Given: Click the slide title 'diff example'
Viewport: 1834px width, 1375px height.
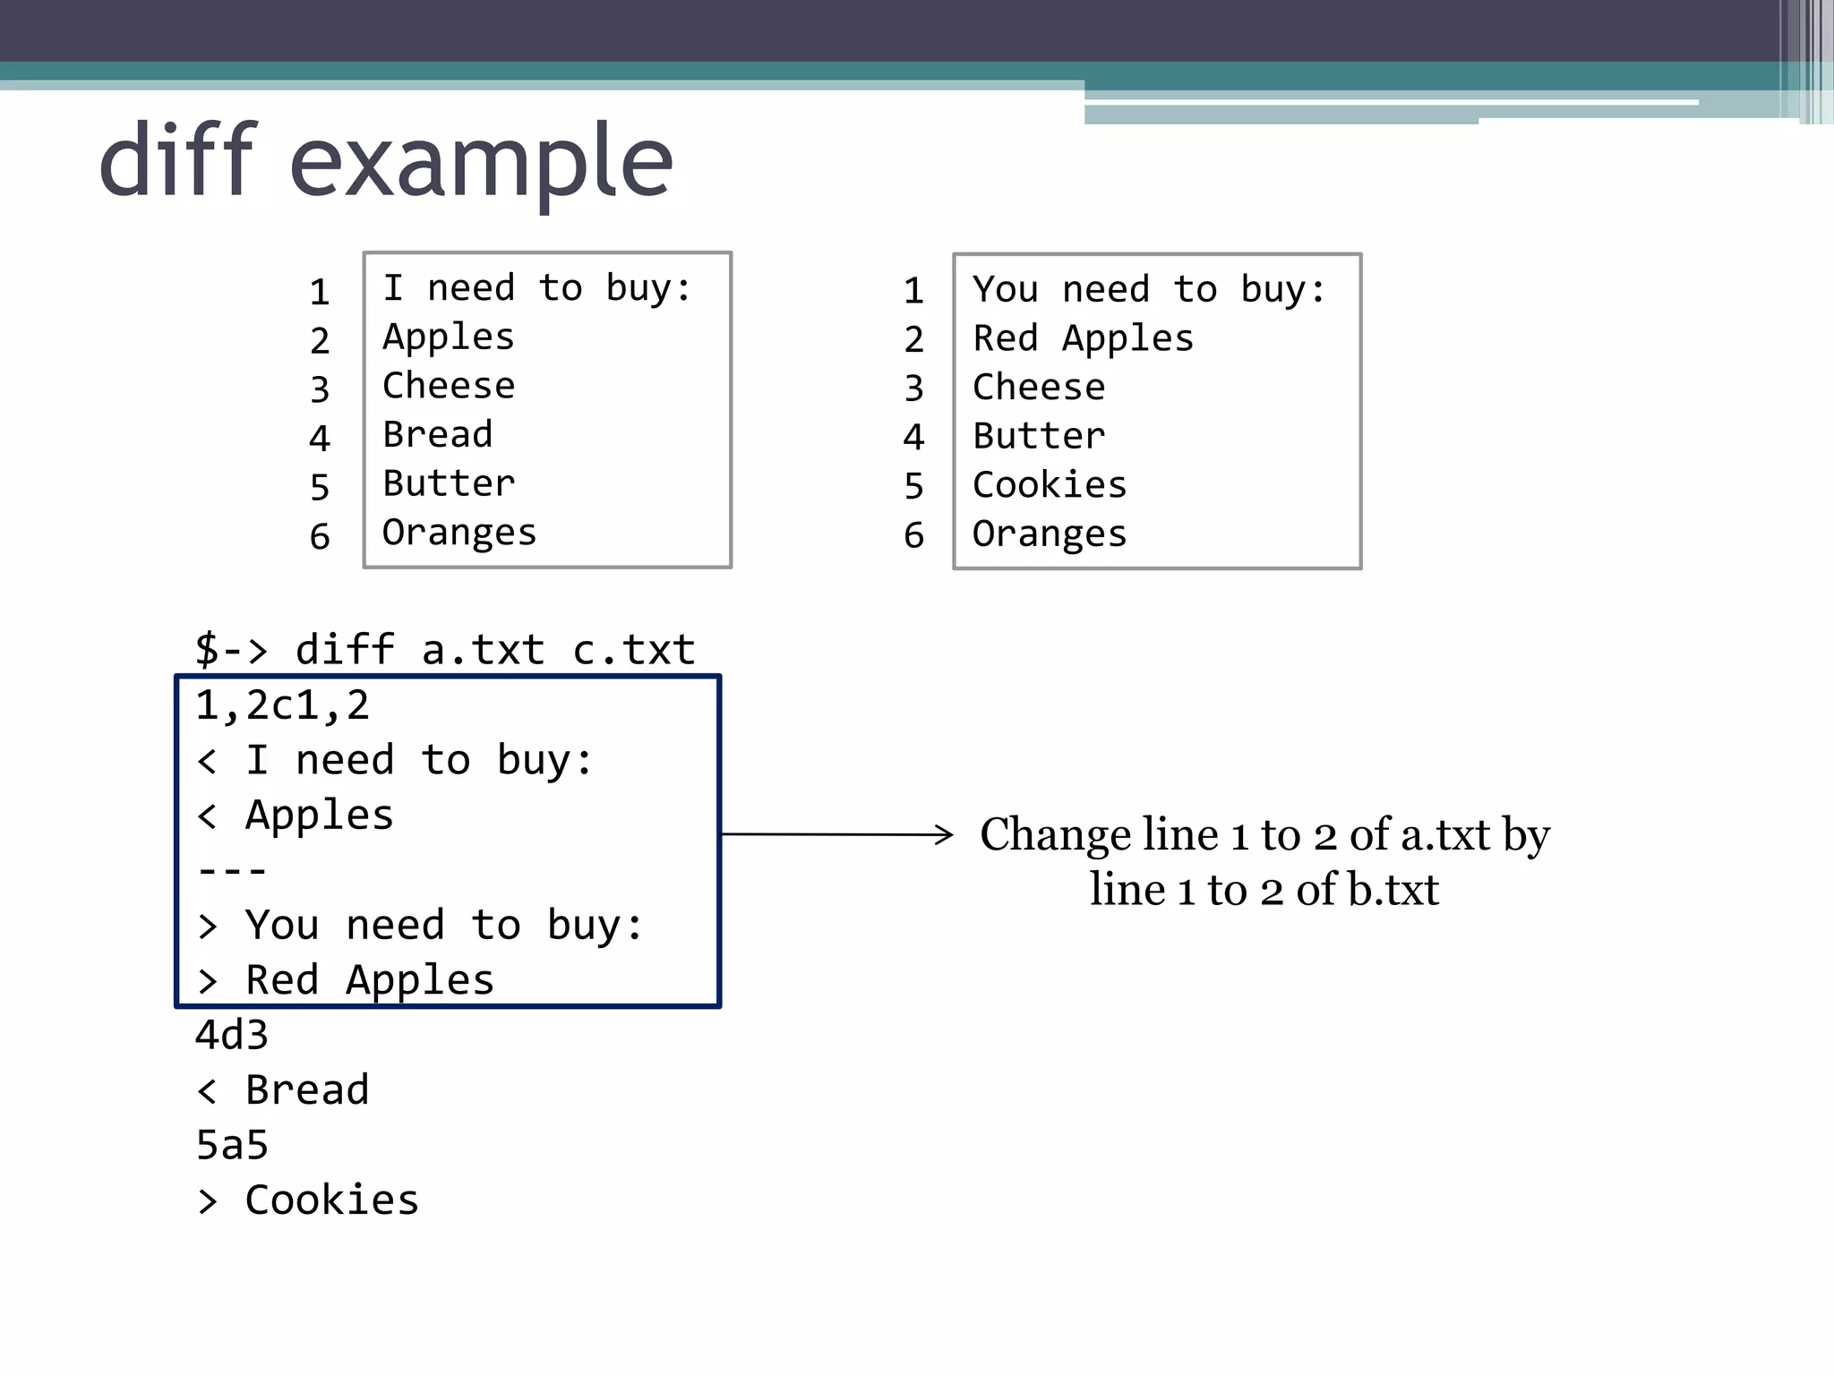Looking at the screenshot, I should pos(385,161).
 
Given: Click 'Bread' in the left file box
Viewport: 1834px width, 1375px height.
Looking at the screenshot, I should pos(437,435).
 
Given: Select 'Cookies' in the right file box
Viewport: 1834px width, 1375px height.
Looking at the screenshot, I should pos(1049,485).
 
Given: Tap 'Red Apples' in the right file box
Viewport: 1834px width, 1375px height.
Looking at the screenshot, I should pos(1083,338).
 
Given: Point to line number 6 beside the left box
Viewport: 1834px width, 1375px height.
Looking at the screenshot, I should pos(320,537).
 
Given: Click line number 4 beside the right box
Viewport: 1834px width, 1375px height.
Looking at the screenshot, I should pos(913,437).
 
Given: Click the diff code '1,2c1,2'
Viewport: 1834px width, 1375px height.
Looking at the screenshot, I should pos(282,705).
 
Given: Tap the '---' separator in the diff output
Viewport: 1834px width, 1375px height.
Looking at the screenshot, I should pos(232,870).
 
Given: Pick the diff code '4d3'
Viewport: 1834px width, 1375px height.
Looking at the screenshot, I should pos(232,1036).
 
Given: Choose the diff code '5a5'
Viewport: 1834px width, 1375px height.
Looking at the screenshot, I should pos(232,1146).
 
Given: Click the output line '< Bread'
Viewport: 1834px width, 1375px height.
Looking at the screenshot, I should pos(282,1090).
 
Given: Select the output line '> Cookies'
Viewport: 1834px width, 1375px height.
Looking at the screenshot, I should pos(307,1200).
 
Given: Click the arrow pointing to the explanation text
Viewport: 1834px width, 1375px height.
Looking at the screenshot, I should pos(837,834).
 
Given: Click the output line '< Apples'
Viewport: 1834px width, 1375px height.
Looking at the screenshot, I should pos(295,816).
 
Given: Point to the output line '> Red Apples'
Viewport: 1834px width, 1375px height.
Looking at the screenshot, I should pos(345,980).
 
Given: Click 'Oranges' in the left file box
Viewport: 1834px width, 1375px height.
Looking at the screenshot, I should pos(458,533).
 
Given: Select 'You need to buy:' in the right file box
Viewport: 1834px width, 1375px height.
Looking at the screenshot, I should pos(1149,290).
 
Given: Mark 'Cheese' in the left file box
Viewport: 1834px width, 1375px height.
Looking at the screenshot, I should pos(449,386).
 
